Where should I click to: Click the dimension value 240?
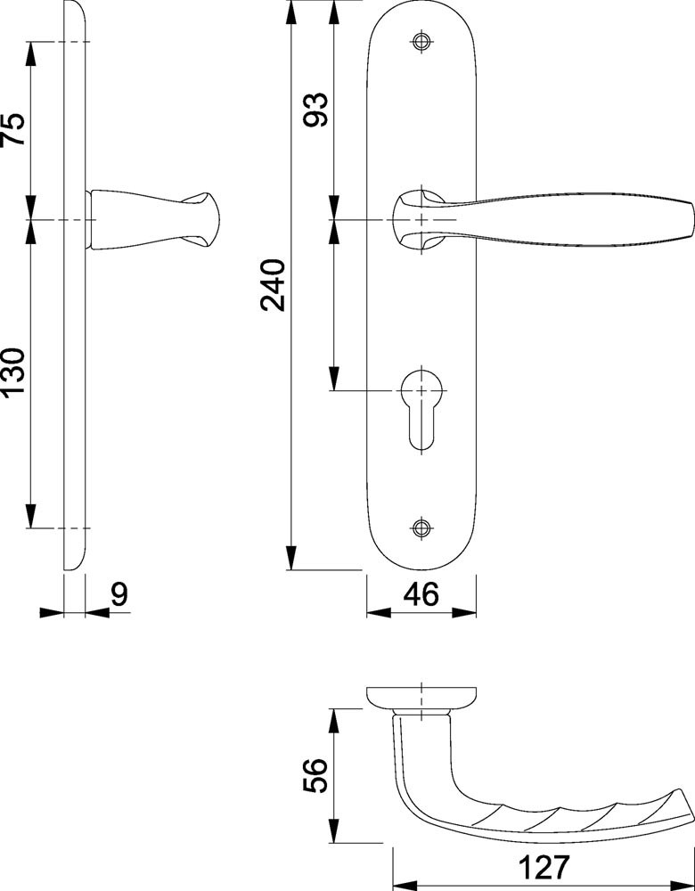pyautogui.click(x=273, y=285)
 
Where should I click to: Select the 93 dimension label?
pyautogui.click(x=315, y=110)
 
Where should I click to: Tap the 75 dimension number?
pyautogui.click(x=13, y=129)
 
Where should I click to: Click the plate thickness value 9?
pyautogui.click(x=119, y=594)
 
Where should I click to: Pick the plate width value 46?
pyautogui.click(x=421, y=594)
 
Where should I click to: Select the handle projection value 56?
pyautogui.click(x=315, y=775)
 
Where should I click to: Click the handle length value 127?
pyautogui.click(x=544, y=867)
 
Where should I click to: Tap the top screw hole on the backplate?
pyautogui.click(x=421, y=42)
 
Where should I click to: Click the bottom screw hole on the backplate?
pyautogui.click(x=421, y=527)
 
